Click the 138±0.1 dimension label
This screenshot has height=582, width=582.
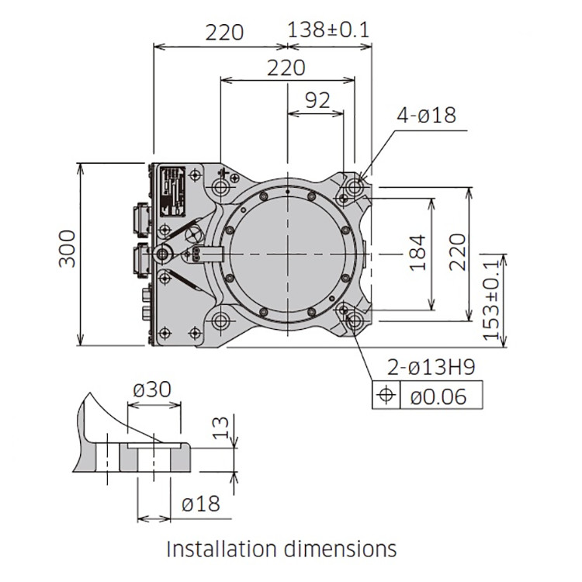tap(328, 30)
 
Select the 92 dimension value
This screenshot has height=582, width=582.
tap(317, 100)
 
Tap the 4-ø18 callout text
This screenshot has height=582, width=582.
tap(426, 115)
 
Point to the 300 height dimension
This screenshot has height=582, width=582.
tap(68, 248)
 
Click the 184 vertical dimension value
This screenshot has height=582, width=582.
tap(417, 253)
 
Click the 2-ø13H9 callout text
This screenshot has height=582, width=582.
tap(431, 368)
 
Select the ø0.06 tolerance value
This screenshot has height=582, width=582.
tap(438, 397)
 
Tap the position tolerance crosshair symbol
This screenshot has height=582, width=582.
tap(386, 394)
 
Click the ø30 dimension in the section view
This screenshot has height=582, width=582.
tap(152, 390)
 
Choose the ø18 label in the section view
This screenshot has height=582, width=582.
tap(201, 504)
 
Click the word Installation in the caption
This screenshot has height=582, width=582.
tap(222, 549)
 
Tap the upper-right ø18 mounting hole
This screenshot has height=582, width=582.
tap(354, 186)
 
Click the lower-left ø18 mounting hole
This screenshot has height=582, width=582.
tap(221, 320)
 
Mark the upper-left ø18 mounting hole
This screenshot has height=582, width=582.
tap(221, 187)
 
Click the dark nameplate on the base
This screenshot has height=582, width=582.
tap(172, 192)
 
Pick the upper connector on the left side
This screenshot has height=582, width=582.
tap(142, 220)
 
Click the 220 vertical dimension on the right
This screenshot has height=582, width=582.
tap(458, 252)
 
